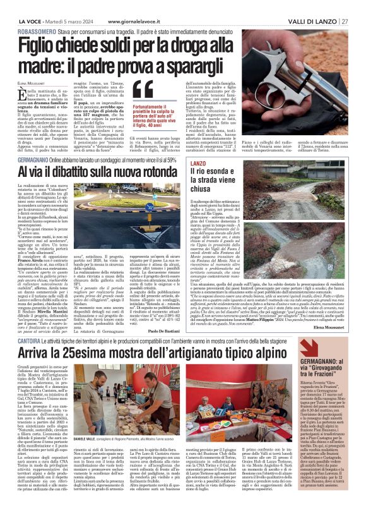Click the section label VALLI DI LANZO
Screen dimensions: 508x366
tap(314, 21)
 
